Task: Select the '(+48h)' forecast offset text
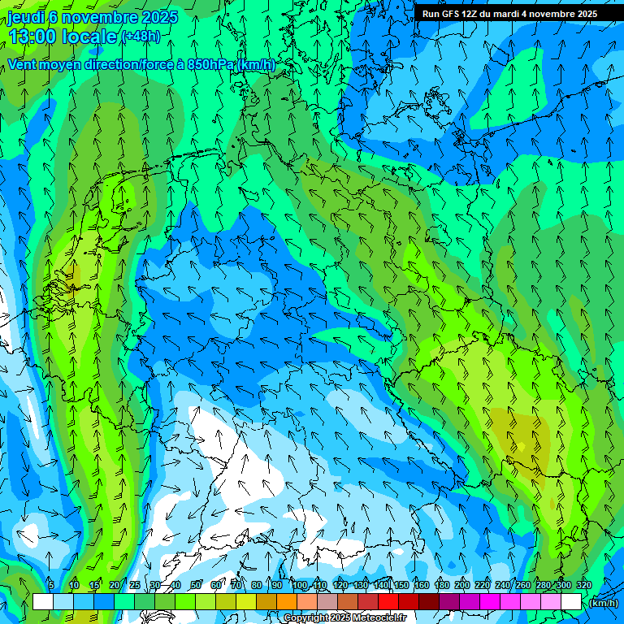[x=141, y=37]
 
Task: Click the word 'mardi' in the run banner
[x=518, y=14]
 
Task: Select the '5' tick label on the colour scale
[x=51, y=586]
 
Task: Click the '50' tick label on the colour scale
[x=196, y=586]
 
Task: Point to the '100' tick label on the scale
[x=300, y=586]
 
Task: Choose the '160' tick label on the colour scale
[x=422, y=586]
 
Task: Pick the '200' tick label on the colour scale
[x=462, y=586]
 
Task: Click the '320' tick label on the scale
[x=584, y=586]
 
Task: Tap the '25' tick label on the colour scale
[x=135, y=586]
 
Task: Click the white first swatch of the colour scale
[x=43, y=601]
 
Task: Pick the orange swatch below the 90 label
[x=287, y=601]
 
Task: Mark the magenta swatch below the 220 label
[x=490, y=601]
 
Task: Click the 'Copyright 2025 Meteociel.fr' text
[x=344, y=618]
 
